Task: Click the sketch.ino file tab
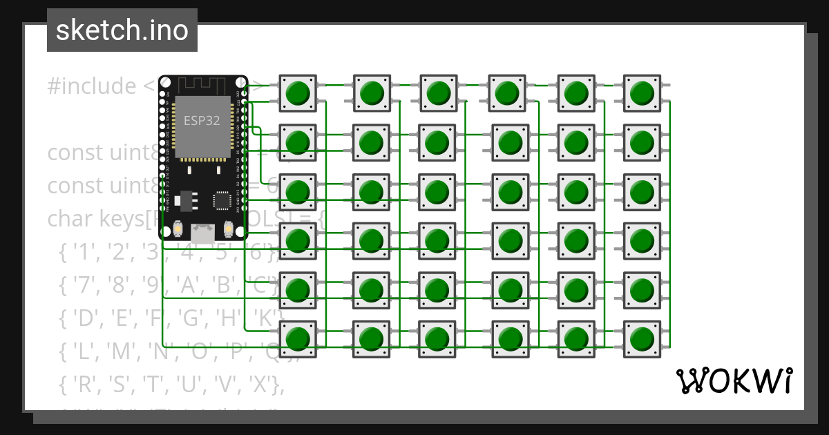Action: [122, 30]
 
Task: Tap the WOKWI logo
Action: [734, 380]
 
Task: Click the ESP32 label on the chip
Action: [202, 120]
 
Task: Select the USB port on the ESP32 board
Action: [202, 232]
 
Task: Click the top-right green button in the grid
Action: [642, 93]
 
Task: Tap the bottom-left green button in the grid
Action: [298, 339]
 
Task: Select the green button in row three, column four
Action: [510, 191]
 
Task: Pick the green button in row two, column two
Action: [372, 142]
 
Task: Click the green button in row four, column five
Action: [575, 240]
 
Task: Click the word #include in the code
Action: [92, 87]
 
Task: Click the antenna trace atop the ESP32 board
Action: [203, 86]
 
